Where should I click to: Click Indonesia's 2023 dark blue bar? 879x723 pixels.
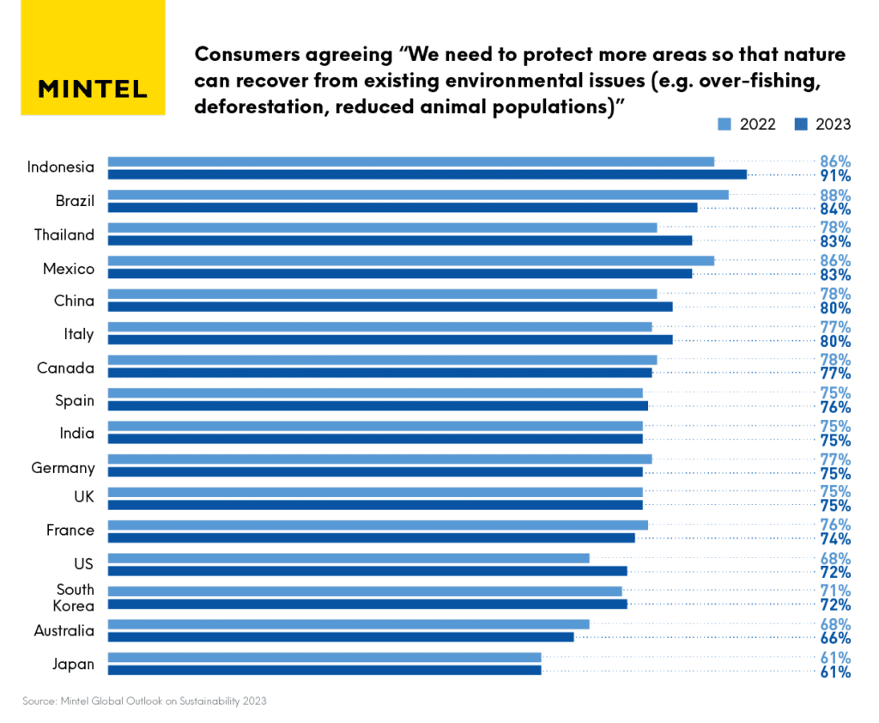(x=427, y=174)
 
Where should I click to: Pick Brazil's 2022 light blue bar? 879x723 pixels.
(x=417, y=195)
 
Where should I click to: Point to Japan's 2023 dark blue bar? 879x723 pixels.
(x=324, y=670)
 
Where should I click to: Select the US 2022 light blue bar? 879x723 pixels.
(x=348, y=558)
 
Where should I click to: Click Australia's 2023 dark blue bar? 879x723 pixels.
(x=340, y=637)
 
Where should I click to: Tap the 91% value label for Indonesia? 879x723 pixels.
(x=834, y=175)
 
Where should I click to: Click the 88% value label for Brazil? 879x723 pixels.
(x=834, y=195)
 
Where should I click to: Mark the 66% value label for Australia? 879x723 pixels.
(x=834, y=638)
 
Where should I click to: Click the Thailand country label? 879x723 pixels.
(x=64, y=235)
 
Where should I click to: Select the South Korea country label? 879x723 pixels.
(x=76, y=598)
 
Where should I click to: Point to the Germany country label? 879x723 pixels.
(x=63, y=468)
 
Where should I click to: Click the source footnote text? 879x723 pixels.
(x=144, y=701)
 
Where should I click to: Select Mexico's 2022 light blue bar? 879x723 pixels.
(x=410, y=261)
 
